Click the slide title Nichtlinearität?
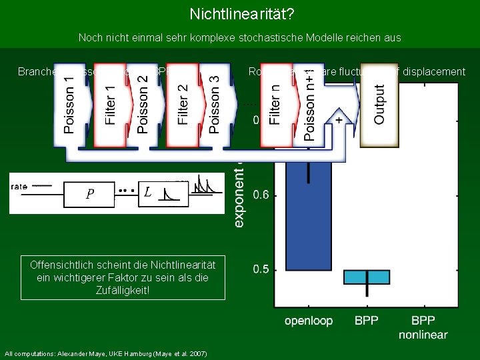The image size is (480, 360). pos(239,14)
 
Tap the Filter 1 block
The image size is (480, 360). pos(110,105)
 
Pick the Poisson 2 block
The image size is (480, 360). pos(143,105)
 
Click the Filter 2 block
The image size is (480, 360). pos(183,105)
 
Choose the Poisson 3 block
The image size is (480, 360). pos(214,105)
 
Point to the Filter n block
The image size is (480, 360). pos(275,105)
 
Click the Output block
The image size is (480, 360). pos(379,105)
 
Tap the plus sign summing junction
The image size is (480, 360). pos(339,119)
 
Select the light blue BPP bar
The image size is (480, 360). pos(367,277)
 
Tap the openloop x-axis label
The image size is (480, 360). pos(308,321)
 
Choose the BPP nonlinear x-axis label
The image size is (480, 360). pos(423,327)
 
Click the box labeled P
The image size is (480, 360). pos(89,194)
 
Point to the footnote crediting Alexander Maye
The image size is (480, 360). pos(105,353)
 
